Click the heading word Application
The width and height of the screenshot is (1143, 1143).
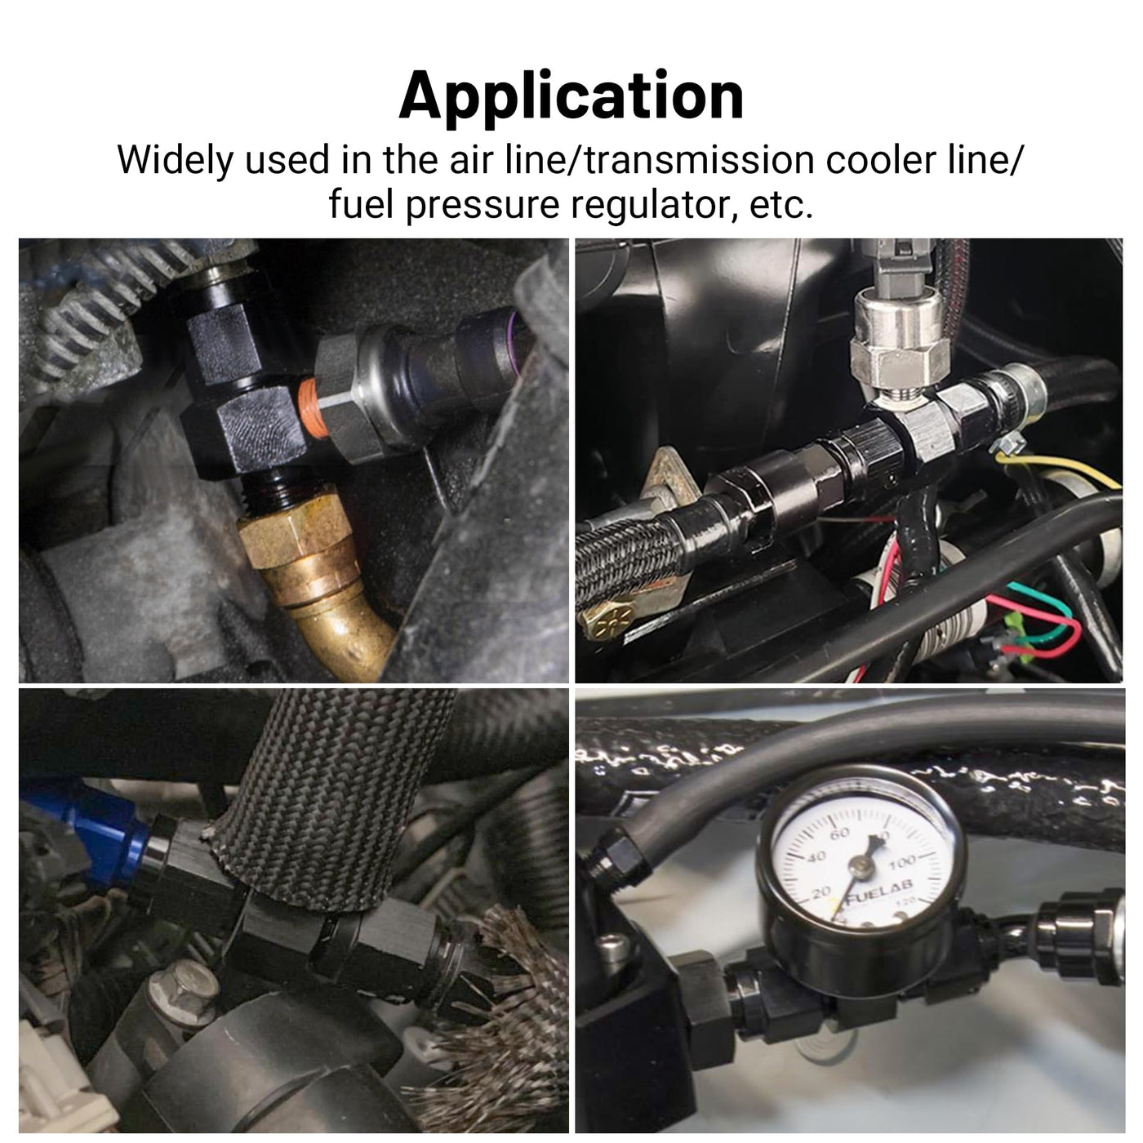[x=571, y=96]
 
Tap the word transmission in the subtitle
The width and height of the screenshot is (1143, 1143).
[x=700, y=159]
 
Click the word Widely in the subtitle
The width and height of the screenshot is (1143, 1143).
[x=176, y=160]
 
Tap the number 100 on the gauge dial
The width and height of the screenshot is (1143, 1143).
[x=903, y=861]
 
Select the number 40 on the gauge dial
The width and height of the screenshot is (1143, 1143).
[x=817, y=856]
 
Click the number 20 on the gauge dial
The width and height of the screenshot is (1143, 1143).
[x=821, y=892]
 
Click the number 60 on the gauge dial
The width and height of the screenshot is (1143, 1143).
[x=840, y=834]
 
